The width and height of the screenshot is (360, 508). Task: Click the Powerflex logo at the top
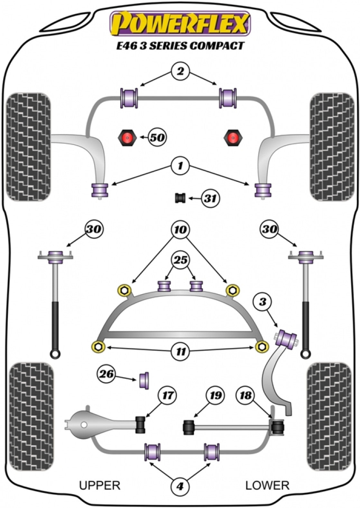tap(180, 24)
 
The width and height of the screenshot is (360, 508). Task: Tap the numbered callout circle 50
tap(157, 138)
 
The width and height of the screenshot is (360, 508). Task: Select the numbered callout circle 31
tap(210, 198)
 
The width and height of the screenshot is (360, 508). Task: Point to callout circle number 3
tap(262, 302)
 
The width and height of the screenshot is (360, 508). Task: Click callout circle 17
tap(168, 395)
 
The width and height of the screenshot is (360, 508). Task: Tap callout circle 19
tap(215, 395)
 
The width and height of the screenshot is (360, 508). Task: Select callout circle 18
tap(245, 395)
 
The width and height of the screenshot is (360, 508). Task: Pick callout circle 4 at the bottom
tap(180, 487)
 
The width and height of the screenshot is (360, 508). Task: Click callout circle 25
tap(181, 260)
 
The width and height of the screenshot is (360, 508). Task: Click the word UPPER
tap(100, 485)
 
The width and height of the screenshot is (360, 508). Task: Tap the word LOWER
tap(267, 485)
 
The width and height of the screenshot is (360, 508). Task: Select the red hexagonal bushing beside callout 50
tap(126, 138)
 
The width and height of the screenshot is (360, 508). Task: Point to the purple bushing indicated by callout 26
tap(144, 380)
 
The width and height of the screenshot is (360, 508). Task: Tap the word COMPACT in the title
tap(217, 46)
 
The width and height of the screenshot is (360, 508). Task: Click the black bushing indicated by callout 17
tap(141, 424)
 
